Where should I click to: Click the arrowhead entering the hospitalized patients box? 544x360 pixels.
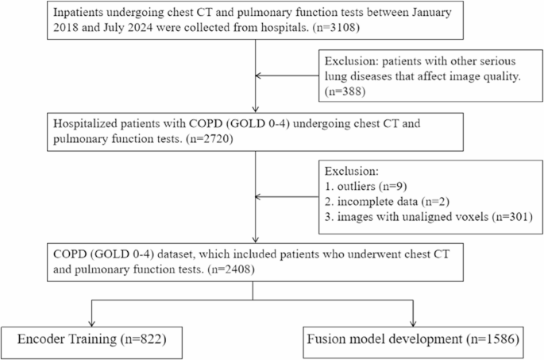[255, 114]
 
